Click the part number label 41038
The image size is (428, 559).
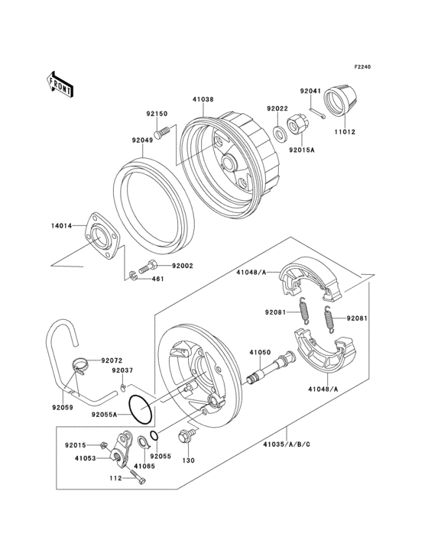[x=203, y=99]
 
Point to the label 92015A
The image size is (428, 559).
[x=302, y=150]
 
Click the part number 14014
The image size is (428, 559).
[x=62, y=226]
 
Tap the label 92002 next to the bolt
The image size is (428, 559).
[x=182, y=265]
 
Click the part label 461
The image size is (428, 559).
[x=157, y=279]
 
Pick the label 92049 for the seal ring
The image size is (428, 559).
[x=142, y=140]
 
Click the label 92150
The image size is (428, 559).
[x=157, y=114]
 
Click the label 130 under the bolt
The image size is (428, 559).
[x=188, y=460]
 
